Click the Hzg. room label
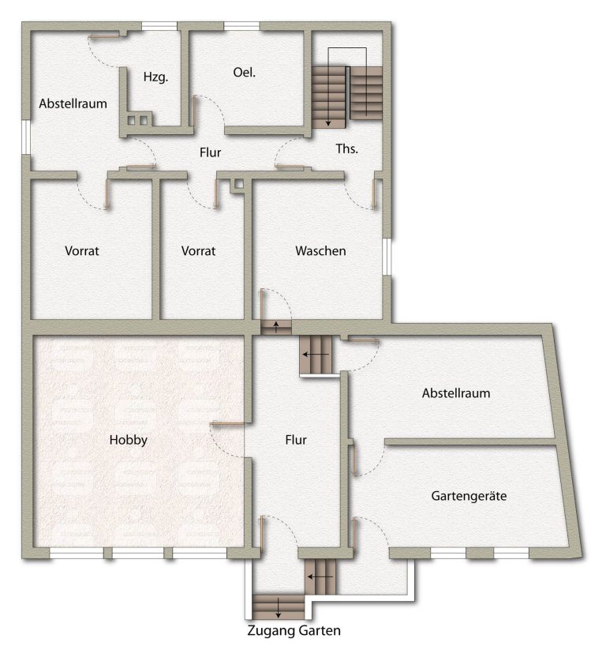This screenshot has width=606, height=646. point(155,77)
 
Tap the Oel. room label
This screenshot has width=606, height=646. point(244,73)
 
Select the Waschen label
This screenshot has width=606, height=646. point(320,251)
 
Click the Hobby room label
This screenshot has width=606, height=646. point(129,440)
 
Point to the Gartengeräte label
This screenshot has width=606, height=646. point(469,496)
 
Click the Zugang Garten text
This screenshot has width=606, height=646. point(294,631)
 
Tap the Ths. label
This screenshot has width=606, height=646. point(346,148)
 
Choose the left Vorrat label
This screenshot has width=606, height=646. point(82,251)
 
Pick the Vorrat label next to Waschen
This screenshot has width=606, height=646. point(198,251)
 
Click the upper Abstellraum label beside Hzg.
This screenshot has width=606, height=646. point(73,103)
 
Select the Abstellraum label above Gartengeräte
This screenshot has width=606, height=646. point(456,393)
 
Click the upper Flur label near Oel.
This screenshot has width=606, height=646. point(211,152)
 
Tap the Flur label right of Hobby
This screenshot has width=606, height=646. point(296,440)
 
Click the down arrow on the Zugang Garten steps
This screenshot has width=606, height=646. point(279,608)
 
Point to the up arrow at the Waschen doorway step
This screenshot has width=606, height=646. point(276,327)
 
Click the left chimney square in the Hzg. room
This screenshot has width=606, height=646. point(131,120)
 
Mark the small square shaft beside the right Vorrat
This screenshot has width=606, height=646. point(239,184)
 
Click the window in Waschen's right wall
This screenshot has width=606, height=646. point(387,256)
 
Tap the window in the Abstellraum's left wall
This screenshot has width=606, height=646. point(26,137)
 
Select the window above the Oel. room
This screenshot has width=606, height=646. point(241,27)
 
